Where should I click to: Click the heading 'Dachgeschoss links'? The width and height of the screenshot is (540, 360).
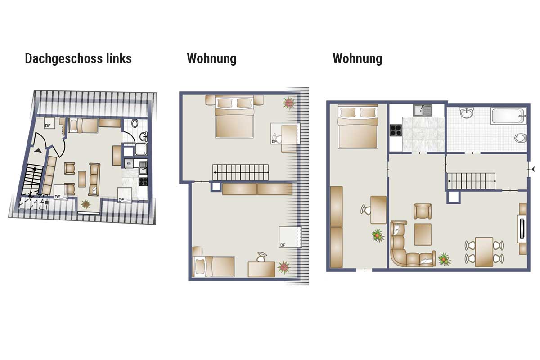(x=78, y=58)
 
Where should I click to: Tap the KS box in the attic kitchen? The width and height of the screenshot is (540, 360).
(x=129, y=163)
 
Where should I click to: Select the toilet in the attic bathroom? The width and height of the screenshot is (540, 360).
(x=135, y=123)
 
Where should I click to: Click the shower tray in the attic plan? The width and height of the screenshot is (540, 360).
(x=141, y=149)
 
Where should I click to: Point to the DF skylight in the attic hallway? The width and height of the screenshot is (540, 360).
(x=49, y=123)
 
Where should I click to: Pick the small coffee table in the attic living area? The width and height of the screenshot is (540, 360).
(x=82, y=179)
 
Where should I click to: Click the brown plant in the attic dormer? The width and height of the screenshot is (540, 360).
(x=85, y=204)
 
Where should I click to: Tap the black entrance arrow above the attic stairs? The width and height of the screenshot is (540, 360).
(x=38, y=151)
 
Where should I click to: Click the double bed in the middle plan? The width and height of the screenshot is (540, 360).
(x=234, y=117)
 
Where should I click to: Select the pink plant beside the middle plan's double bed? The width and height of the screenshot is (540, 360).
(x=288, y=103)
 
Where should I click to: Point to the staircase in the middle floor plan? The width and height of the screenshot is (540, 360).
(x=240, y=172)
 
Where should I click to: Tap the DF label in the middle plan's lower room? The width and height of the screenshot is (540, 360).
(x=283, y=245)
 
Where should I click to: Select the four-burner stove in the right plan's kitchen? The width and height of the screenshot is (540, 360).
(x=396, y=130)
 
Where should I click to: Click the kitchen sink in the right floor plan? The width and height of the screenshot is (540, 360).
(x=423, y=110)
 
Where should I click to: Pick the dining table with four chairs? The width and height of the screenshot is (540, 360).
(x=484, y=252)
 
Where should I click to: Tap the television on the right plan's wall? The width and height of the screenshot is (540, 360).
(x=522, y=228)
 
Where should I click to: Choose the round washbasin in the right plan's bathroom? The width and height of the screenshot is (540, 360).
(x=467, y=113)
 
